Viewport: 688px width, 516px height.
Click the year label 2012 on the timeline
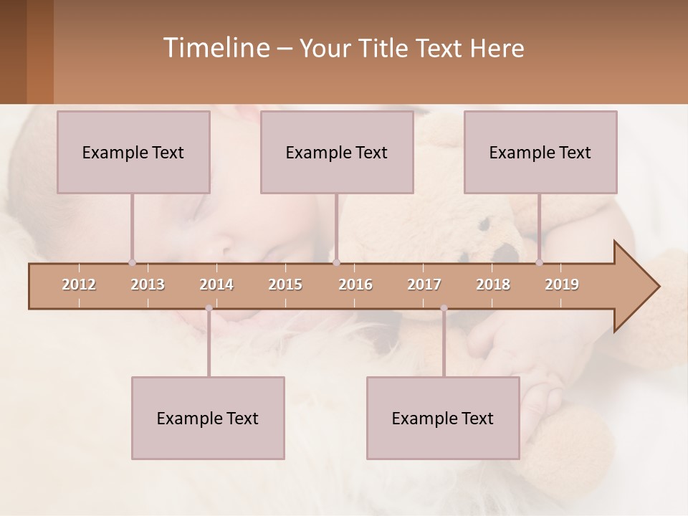pyautogui.click(x=79, y=285)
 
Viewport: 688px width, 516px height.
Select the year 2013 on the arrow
pyautogui.click(x=148, y=285)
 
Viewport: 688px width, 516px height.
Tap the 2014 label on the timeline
pyautogui.click(x=216, y=285)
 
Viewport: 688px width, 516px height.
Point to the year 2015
pyautogui.click(x=285, y=285)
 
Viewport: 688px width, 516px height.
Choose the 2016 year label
pyautogui.click(x=355, y=285)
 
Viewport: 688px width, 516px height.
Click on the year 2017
pyautogui.click(x=424, y=285)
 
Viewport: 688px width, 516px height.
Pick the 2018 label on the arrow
pyautogui.click(x=493, y=285)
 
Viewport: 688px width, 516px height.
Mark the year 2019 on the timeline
pyautogui.click(x=562, y=285)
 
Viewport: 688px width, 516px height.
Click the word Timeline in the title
pyautogui.click(x=215, y=48)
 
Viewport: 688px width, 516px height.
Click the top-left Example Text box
pyautogui.click(x=133, y=152)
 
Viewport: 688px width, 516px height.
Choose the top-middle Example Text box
pyautogui.click(x=337, y=152)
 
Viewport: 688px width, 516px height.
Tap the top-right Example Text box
pyautogui.click(x=540, y=152)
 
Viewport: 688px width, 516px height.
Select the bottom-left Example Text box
pyautogui.click(x=208, y=418)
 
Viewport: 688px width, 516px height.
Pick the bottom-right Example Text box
pyautogui.click(x=443, y=418)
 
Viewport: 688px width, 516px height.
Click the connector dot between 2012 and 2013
pyautogui.click(x=132, y=262)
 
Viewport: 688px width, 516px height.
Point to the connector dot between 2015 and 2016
pyautogui.click(x=337, y=262)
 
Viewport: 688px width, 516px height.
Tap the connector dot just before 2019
pyautogui.click(x=540, y=262)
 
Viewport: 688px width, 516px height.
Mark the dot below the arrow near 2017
pyautogui.click(x=444, y=308)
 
